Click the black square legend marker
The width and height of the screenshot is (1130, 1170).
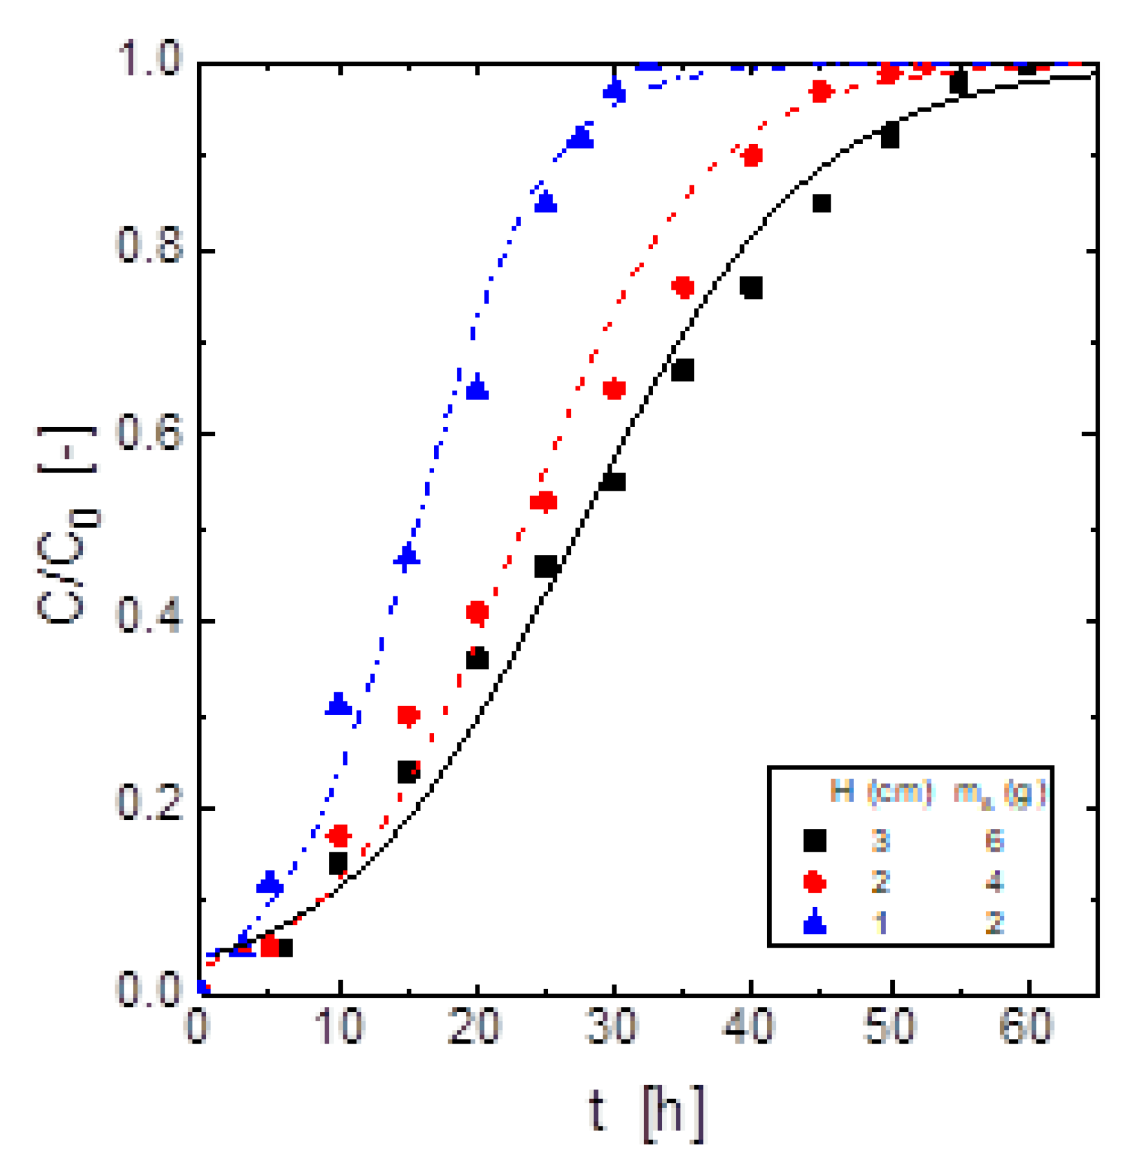[814, 841]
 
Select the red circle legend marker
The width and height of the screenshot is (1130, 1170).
[814, 882]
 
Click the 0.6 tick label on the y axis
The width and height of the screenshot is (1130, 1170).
[150, 433]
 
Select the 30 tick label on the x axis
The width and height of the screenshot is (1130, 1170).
[612, 1027]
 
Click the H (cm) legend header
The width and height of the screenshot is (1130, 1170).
[881, 791]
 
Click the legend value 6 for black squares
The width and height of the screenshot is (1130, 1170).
[995, 841]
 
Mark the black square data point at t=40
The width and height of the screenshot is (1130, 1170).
[751, 287]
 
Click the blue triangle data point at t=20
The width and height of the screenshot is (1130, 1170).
[478, 389]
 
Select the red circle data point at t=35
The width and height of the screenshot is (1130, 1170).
[683, 287]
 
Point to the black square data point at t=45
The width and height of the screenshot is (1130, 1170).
[821, 204]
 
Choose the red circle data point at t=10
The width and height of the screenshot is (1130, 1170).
[339, 836]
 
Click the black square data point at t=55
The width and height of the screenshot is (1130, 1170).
[958, 83]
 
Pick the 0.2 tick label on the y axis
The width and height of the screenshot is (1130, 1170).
[150, 804]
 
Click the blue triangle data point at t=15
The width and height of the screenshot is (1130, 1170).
[407, 556]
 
